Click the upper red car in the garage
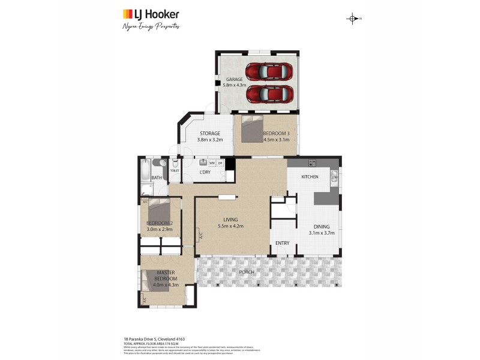coord(269,72)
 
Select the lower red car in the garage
coord(269,94)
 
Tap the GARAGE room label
coord(233,80)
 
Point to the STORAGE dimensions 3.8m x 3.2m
coord(210,140)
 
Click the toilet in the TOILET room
coord(175,163)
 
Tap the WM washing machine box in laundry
coord(212,163)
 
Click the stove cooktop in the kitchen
coord(311,163)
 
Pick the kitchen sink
coord(334,175)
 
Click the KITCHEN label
coord(310,177)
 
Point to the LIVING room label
coord(231,220)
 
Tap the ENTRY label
coord(282,243)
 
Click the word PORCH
coord(246,272)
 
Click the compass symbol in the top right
coord(353,19)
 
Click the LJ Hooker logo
coord(151,14)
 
